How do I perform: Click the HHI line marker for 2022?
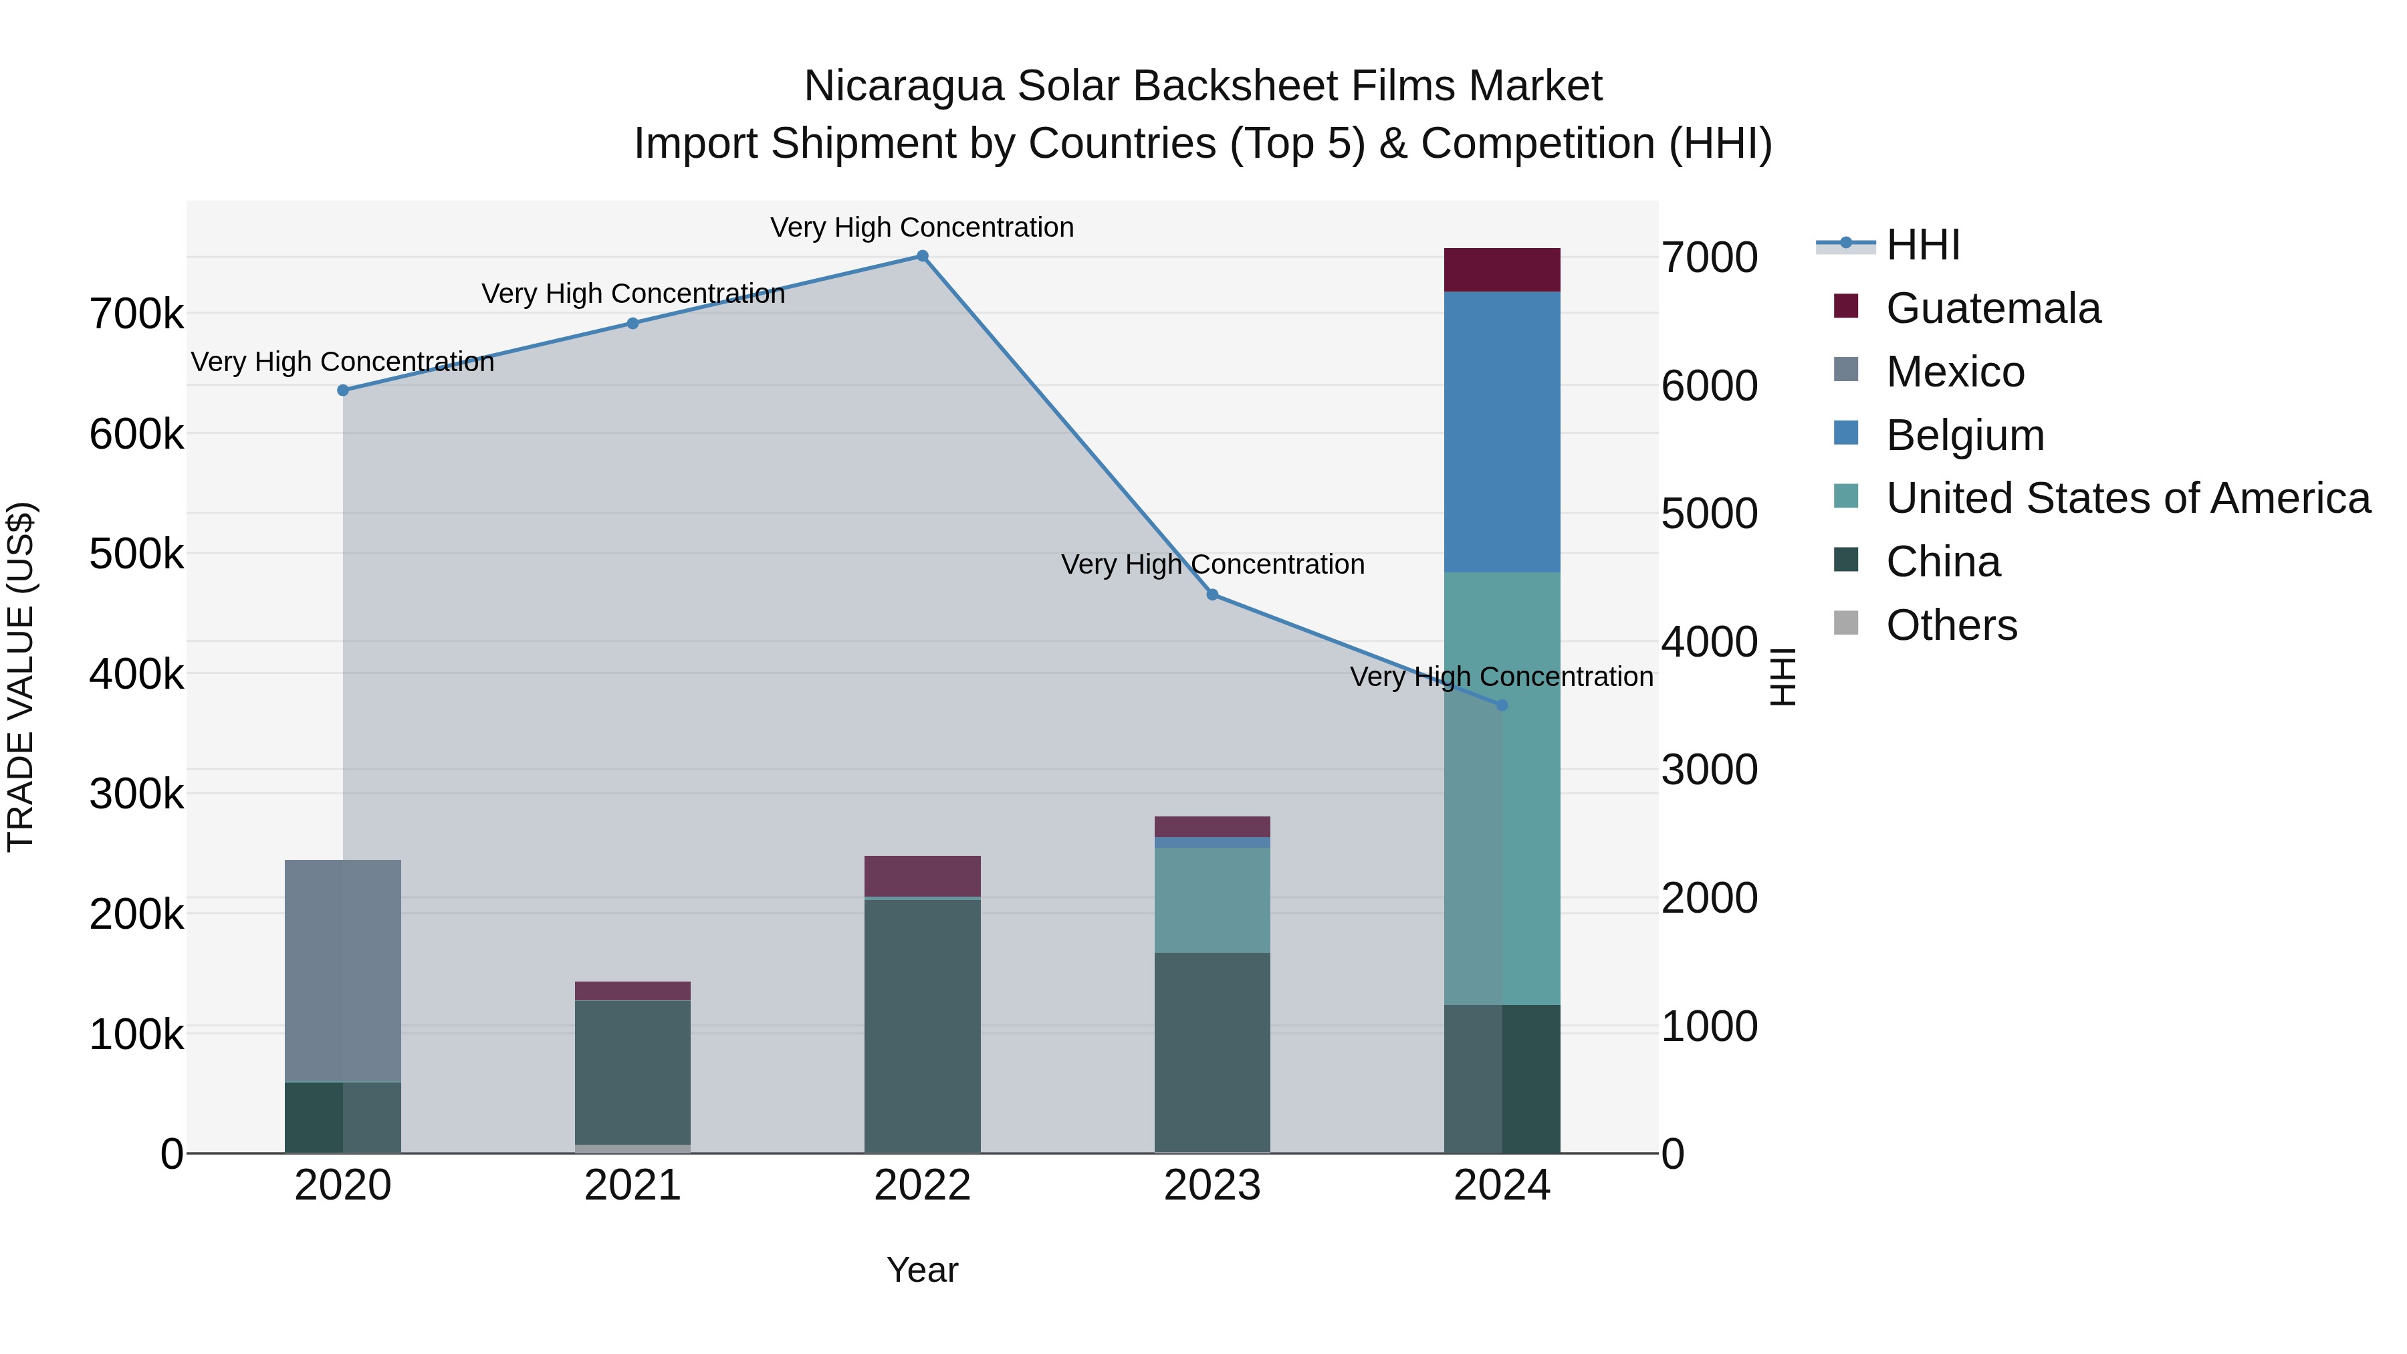922,256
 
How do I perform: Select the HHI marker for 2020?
343,390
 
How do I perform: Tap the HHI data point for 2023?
1212,595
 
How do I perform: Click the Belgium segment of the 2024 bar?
1502,432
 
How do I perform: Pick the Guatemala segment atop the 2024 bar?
1502,270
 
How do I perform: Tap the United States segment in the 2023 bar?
1212,900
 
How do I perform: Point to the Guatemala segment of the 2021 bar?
633,990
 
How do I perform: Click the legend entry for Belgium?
1964,435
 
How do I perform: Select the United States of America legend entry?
2128,499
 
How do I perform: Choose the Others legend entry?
1951,625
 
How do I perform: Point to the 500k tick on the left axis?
136,554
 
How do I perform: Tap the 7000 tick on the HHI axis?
1709,258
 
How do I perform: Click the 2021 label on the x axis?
633,1186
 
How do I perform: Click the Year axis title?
922,1270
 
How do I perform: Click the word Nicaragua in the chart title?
903,86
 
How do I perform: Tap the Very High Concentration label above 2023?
1212,564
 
